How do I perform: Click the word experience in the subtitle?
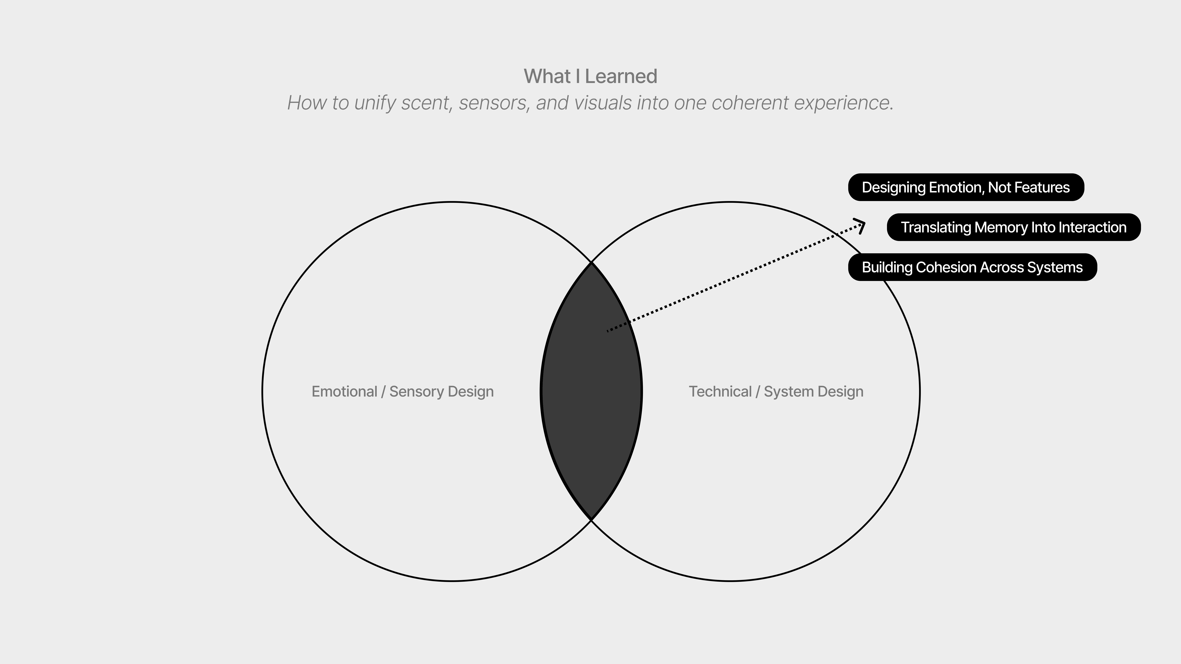[x=844, y=103]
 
